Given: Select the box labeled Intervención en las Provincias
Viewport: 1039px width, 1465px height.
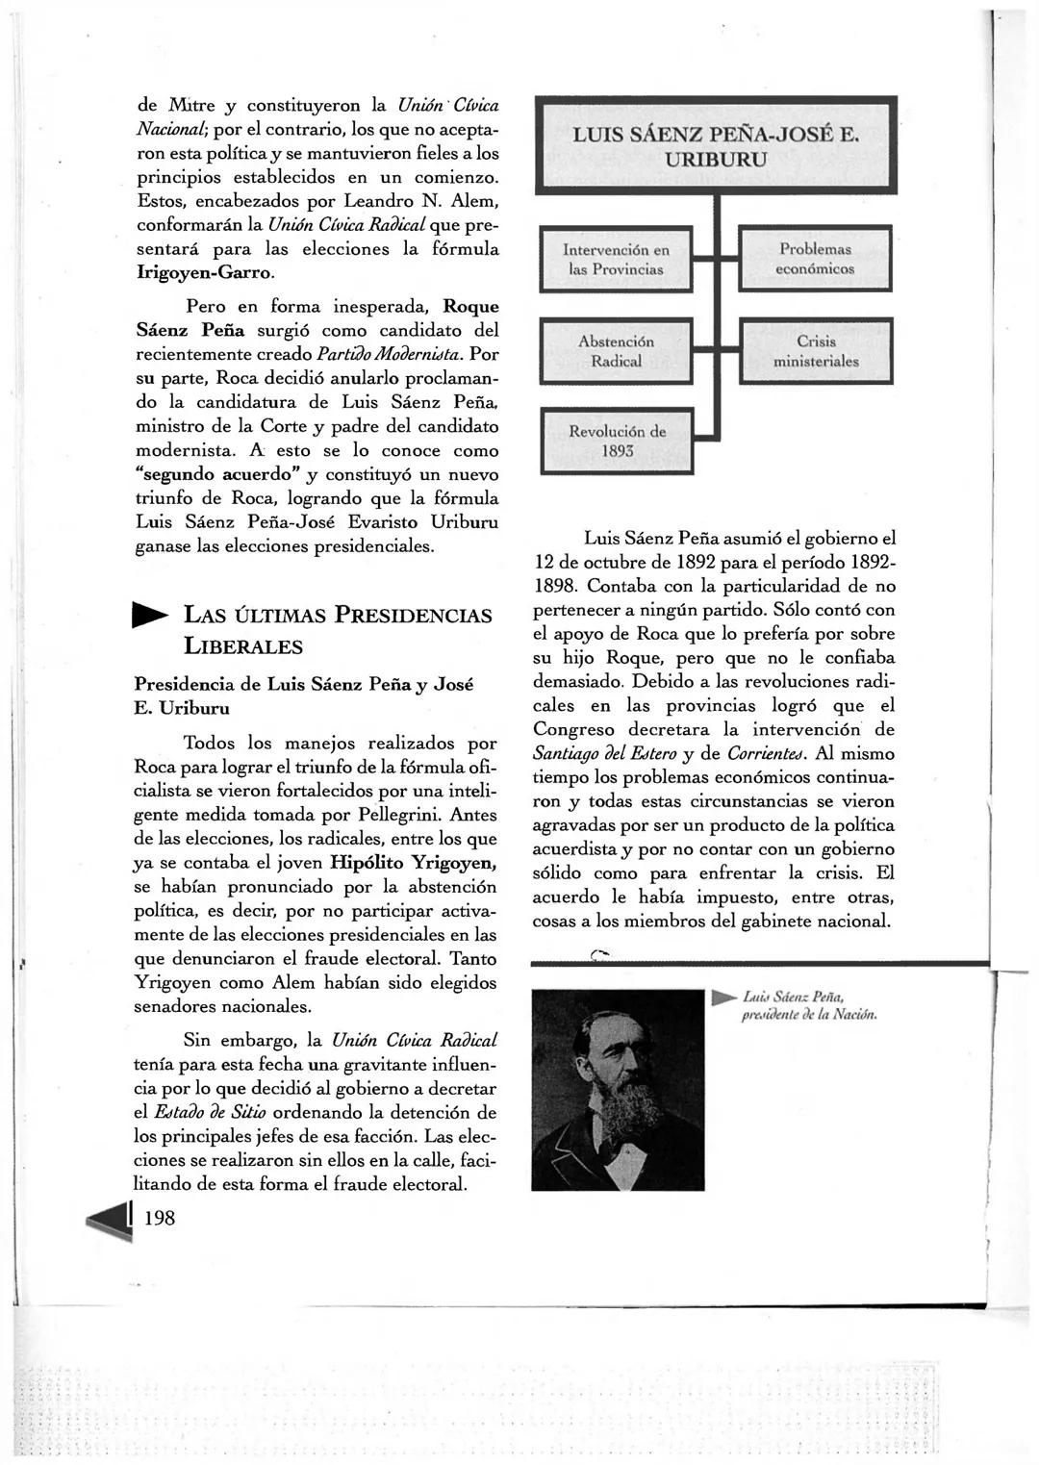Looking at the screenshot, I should tap(616, 259).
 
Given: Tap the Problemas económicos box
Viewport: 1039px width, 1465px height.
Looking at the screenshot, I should tap(815, 259).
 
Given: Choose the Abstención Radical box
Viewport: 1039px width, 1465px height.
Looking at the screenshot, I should tap(616, 351).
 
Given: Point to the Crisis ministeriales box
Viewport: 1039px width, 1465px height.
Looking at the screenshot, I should tap(816, 351).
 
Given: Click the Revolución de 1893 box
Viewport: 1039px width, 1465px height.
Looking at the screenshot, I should tap(616, 441).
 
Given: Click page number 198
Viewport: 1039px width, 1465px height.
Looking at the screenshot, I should tap(160, 1218).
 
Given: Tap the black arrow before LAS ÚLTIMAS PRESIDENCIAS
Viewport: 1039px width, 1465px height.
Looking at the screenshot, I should tap(151, 615).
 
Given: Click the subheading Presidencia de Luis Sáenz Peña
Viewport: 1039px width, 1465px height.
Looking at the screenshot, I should tap(303, 684).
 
